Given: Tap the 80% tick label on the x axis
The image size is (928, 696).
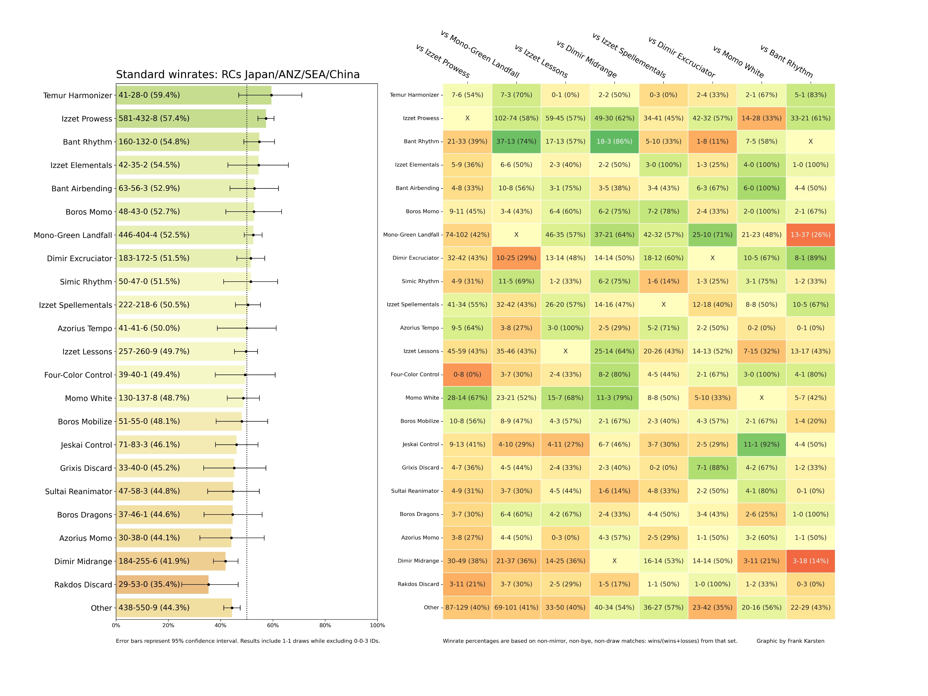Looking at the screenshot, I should [x=325, y=626].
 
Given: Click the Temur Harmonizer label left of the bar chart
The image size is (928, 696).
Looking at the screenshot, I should [x=78, y=96].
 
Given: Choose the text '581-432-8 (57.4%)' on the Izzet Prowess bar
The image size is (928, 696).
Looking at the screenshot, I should [x=154, y=118].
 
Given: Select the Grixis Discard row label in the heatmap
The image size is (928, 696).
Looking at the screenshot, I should [x=420, y=468].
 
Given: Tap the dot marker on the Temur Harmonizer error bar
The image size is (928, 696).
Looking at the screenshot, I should [x=271, y=95].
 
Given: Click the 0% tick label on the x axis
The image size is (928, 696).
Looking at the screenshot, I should [x=116, y=626].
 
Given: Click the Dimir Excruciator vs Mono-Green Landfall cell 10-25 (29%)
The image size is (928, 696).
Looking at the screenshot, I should [x=516, y=258].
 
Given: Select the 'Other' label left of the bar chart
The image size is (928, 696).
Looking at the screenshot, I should [x=101, y=608].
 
